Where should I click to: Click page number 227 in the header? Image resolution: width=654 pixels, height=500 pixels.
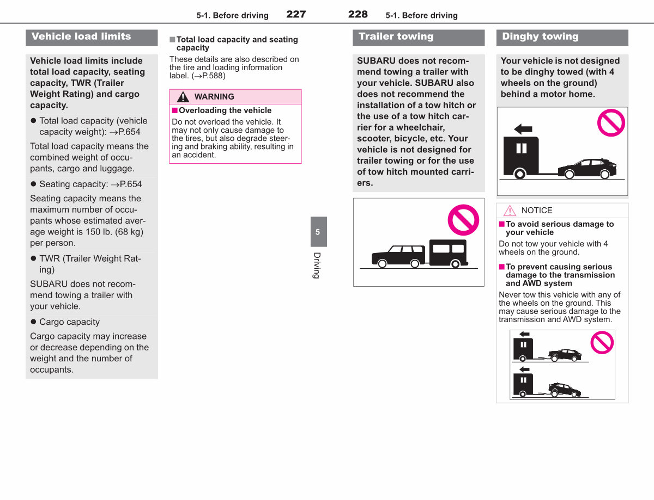[x=296, y=14]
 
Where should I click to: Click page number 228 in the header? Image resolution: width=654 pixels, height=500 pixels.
[x=358, y=14]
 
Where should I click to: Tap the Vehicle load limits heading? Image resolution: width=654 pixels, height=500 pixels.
[x=81, y=36]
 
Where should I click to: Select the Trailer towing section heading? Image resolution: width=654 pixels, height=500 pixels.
[x=396, y=36]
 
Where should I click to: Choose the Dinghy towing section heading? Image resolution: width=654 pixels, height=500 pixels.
[x=540, y=36]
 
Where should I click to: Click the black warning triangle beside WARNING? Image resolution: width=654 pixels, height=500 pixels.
[x=183, y=97]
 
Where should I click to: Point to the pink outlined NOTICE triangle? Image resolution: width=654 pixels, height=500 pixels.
[x=510, y=211]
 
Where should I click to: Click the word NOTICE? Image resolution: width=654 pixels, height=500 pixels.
[x=537, y=210]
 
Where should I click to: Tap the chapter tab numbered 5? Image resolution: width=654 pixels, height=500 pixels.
[x=318, y=232]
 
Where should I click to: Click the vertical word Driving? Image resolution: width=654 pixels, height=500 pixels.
[x=317, y=266]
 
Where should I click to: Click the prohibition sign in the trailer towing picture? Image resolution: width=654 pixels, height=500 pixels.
[x=463, y=220]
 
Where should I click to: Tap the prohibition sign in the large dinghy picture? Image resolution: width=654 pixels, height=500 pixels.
[x=611, y=123]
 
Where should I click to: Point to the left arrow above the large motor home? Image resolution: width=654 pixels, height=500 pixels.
[x=523, y=129]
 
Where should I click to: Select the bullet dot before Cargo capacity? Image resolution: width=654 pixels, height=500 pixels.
[x=33, y=322]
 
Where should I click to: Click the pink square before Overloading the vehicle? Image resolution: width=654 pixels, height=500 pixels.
[x=174, y=110]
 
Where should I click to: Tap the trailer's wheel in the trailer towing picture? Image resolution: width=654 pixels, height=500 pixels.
[x=456, y=264]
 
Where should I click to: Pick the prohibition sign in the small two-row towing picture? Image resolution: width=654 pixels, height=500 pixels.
[x=602, y=342]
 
